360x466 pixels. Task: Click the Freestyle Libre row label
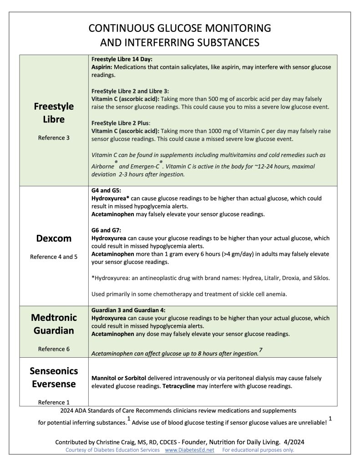(x=54, y=113)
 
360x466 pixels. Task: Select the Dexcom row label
(x=54, y=238)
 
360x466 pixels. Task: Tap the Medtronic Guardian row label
(x=54, y=324)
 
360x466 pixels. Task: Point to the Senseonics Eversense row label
(x=54, y=377)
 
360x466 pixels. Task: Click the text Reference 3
(x=54, y=137)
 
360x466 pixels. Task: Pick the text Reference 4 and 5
(x=54, y=257)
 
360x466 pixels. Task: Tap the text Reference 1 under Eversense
(x=54, y=402)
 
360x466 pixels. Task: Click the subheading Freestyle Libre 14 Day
(x=122, y=59)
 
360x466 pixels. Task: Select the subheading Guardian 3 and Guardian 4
(x=129, y=310)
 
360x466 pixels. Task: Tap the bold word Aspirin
(x=102, y=67)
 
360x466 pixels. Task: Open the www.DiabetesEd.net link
(x=189, y=450)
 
